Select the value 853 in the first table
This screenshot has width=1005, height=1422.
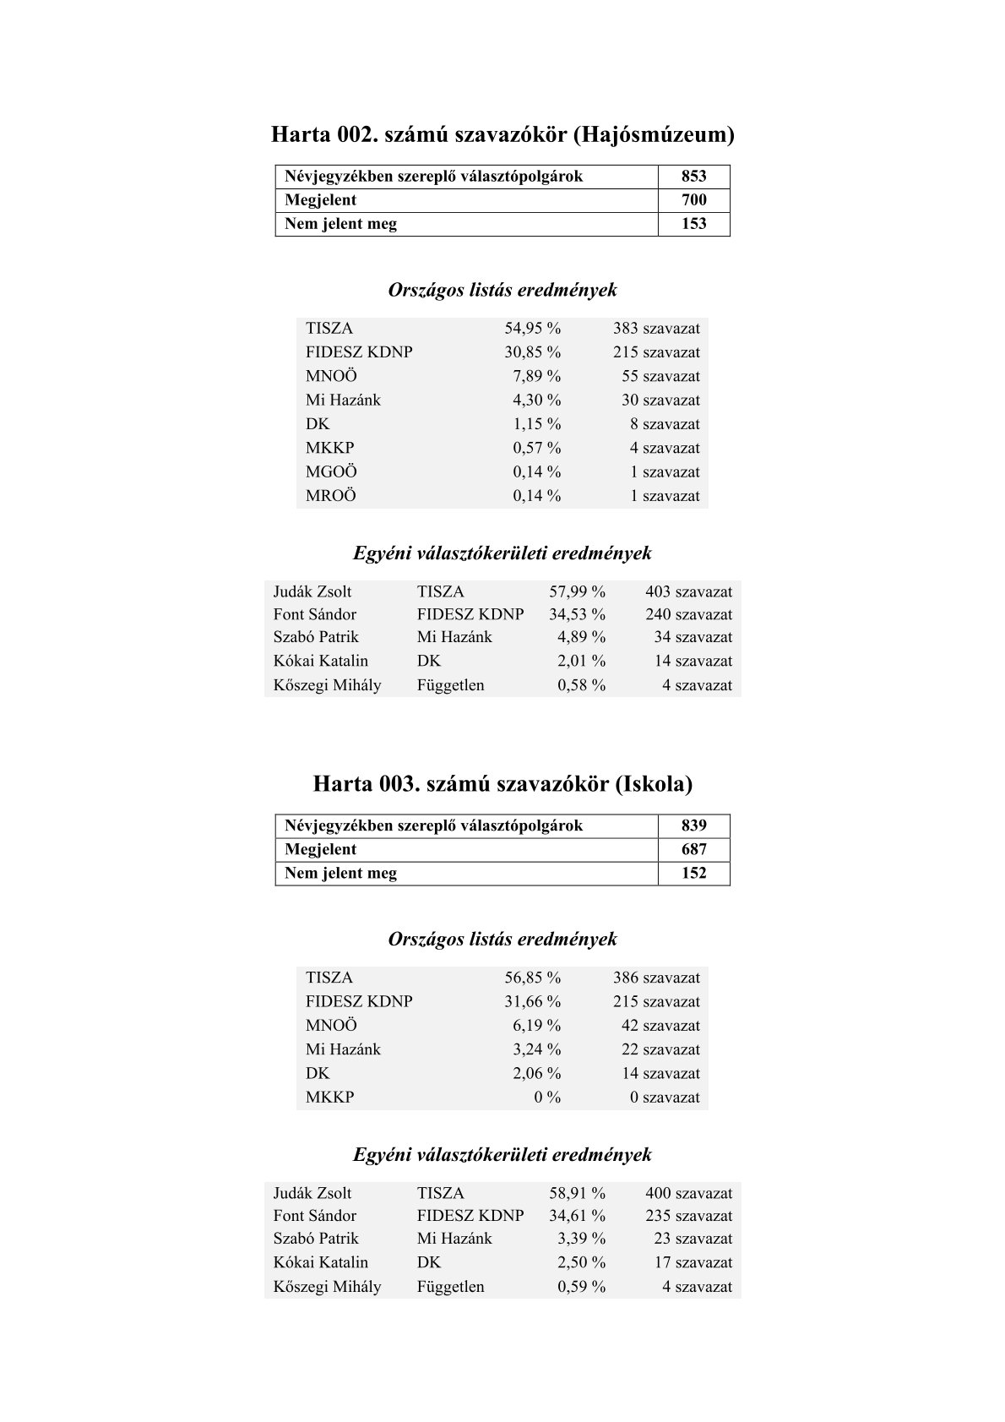point(693,177)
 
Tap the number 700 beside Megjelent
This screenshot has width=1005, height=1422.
point(693,200)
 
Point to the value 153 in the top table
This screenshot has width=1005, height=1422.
point(693,224)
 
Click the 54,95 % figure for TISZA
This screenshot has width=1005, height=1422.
point(532,329)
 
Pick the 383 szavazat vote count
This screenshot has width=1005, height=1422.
point(656,329)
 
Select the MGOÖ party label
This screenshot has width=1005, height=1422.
point(331,472)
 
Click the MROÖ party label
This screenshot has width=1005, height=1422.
point(331,496)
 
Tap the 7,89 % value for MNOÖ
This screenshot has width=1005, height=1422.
point(536,376)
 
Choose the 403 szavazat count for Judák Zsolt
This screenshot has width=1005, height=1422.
point(688,592)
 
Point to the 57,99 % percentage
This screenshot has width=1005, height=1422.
point(577,592)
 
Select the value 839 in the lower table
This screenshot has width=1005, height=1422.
point(693,825)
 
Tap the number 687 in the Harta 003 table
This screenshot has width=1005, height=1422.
point(693,849)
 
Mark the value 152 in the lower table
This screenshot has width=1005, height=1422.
point(693,873)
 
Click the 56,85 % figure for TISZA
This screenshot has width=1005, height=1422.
point(532,978)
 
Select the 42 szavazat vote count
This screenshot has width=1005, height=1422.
point(660,1026)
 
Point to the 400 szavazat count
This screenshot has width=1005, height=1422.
point(688,1193)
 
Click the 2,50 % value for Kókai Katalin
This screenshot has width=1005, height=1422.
point(581,1262)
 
